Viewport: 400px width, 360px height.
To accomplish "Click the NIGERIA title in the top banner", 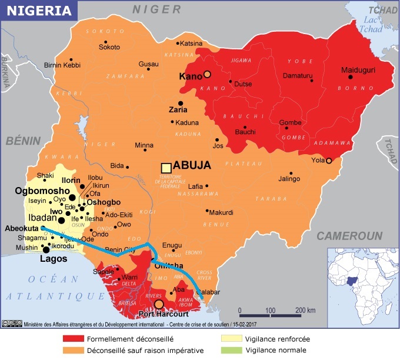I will pyautogui.click(x=36, y=10).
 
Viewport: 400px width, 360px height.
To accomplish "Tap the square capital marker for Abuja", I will pyautogui.click(x=166, y=168).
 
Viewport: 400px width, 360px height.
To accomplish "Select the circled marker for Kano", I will pyautogui.click(x=207, y=74).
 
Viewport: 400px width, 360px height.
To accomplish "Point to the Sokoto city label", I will pyautogui.click(x=109, y=47).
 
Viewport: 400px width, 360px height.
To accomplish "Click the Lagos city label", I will pyautogui.click(x=54, y=258).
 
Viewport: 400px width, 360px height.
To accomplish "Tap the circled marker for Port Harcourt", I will pyautogui.click(x=159, y=304).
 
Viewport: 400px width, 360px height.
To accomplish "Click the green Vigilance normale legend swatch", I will pyautogui.click(x=229, y=351).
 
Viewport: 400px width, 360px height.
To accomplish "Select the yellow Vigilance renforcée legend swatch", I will pyautogui.click(x=229, y=339).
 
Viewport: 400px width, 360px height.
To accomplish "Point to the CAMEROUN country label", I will pyautogui.click(x=349, y=236).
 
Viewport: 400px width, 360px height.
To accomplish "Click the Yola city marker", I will pyautogui.click(x=329, y=161).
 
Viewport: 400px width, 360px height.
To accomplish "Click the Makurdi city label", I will pyautogui.click(x=221, y=212).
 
